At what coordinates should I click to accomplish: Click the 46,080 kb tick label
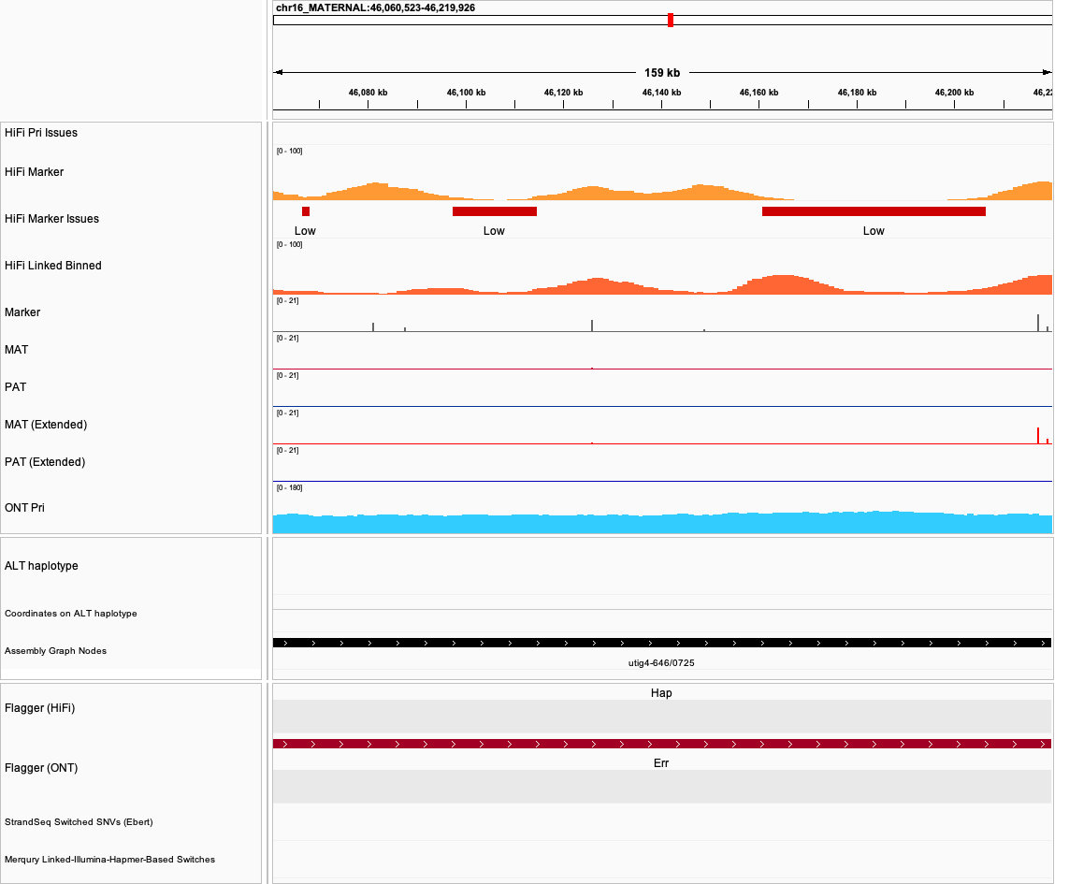click(368, 93)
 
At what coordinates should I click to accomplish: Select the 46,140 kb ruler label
click(661, 93)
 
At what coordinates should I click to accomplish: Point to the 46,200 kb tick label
click(954, 93)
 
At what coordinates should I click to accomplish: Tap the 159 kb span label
click(662, 73)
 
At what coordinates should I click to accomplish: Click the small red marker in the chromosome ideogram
click(671, 20)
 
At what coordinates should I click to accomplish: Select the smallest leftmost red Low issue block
click(306, 211)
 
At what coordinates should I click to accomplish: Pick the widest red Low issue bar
click(874, 211)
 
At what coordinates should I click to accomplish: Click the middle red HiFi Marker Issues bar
click(495, 211)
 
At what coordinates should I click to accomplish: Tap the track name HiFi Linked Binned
click(53, 266)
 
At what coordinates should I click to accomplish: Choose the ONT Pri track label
click(24, 508)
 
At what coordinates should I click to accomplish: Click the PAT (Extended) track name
click(45, 462)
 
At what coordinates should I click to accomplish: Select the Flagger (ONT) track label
click(41, 768)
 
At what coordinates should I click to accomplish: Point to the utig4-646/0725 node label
click(661, 663)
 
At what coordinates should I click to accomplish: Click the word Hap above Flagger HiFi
click(661, 693)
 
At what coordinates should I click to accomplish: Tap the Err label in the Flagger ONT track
click(661, 763)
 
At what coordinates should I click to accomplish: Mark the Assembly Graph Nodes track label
click(55, 651)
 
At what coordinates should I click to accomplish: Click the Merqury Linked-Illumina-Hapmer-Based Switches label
click(109, 860)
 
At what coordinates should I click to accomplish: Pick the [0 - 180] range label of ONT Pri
click(289, 487)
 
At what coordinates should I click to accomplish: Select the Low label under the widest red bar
click(874, 231)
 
